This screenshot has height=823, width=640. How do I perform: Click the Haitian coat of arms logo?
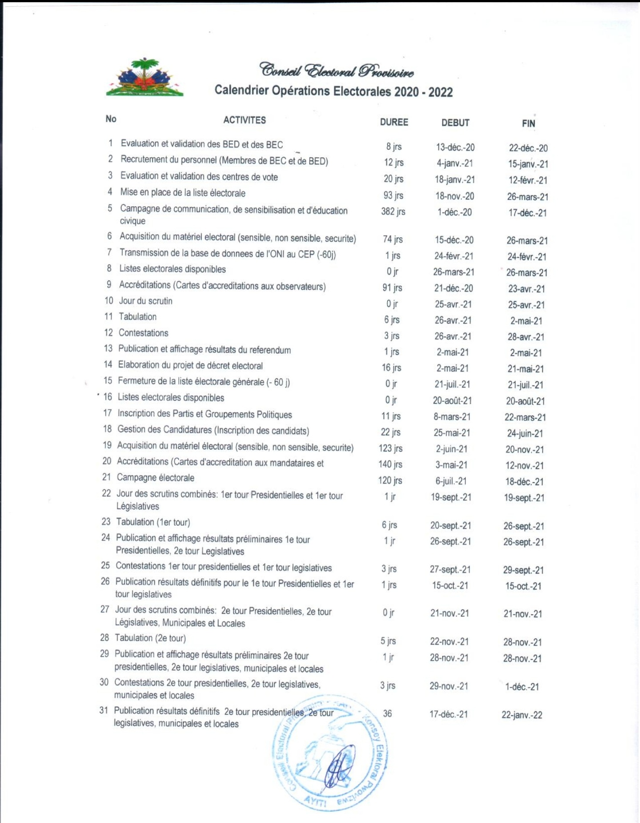coord(144,78)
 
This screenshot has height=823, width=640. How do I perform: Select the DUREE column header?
coord(394,122)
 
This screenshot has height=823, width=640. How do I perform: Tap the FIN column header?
coord(528,124)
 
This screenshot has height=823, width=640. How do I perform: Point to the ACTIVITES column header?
coord(244,120)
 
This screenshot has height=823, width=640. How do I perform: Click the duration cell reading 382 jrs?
coord(393,212)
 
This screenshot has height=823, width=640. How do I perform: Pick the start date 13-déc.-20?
coord(455,147)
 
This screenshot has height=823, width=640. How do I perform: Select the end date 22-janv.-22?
coord(522,715)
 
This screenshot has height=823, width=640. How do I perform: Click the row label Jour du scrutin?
coord(145,301)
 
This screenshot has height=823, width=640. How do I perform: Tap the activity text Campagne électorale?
coord(155,478)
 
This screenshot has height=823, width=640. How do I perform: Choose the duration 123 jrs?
coord(390,448)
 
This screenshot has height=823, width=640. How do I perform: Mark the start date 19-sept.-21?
coord(451,497)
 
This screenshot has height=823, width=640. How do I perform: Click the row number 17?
coord(108,413)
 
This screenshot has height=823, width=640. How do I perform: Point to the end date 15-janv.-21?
coord(528,164)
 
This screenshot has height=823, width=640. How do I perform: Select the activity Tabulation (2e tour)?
coord(150,638)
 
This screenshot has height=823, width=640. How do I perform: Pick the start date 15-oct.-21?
coord(450,585)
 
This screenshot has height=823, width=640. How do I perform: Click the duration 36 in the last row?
coord(387,714)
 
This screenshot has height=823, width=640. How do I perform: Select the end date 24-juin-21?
coord(525,433)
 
